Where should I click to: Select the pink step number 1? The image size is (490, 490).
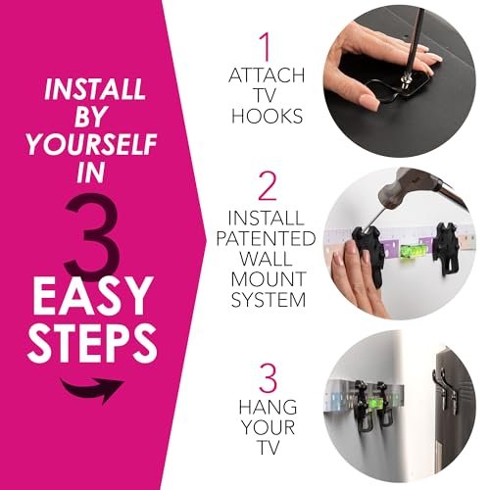click(264, 45)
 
